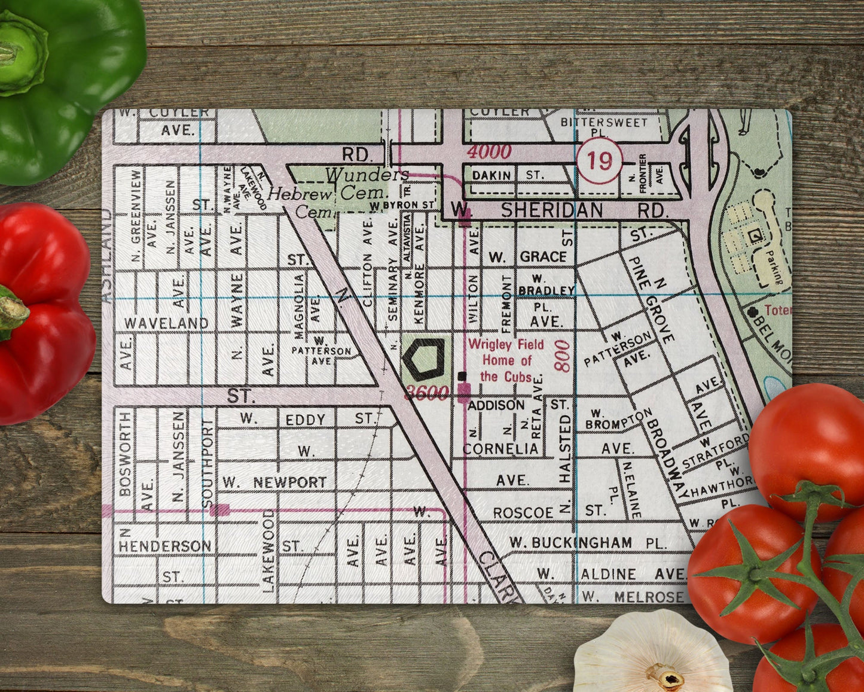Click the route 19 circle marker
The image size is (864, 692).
pyautogui.click(x=600, y=161)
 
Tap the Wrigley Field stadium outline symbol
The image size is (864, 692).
pyautogui.click(x=424, y=359)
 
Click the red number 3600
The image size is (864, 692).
pyautogui.click(x=426, y=393)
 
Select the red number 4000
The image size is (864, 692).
pyautogui.click(x=489, y=151)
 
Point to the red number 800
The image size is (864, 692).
pyautogui.click(x=563, y=356)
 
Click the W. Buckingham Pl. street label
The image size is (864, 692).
pyautogui.click(x=588, y=543)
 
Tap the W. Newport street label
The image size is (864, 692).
pyautogui.click(x=274, y=482)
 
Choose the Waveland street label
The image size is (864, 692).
pyautogui.click(x=166, y=323)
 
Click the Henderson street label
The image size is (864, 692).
pyautogui.click(x=164, y=546)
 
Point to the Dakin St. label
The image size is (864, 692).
pyautogui.click(x=508, y=175)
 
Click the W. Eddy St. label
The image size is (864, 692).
pyautogui.click(x=306, y=419)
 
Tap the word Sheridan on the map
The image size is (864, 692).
pyautogui.click(x=552, y=210)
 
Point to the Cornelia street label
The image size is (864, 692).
pyautogui.click(x=501, y=448)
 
